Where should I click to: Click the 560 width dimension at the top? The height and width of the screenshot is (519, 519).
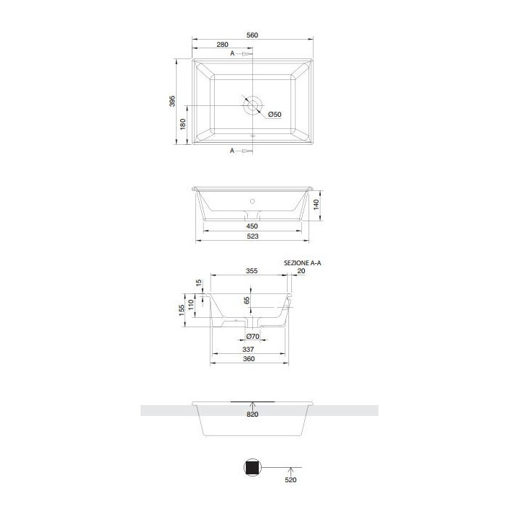[x=252, y=35]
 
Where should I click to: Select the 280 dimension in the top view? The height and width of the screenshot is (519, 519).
[x=223, y=45]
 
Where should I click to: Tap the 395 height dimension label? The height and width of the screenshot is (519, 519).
[x=172, y=101]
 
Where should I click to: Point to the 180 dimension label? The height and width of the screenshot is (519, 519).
[x=183, y=124]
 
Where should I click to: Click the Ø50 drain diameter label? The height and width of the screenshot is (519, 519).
[x=275, y=115]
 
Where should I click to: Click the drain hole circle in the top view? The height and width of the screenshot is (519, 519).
[x=253, y=105]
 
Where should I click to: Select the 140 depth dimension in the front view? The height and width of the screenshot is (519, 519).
[x=315, y=205]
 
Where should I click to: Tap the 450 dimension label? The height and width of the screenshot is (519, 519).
[x=252, y=226]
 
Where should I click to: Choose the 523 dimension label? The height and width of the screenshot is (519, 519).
[x=252, y=236]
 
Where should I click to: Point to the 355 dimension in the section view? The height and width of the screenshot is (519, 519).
[x=251, y=272]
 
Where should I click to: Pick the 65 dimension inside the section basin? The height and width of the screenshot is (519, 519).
[x=247, y=299]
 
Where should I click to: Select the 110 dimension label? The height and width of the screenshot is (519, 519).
[x=192, y=305]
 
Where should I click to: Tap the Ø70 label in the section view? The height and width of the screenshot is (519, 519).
[x=252, y=337]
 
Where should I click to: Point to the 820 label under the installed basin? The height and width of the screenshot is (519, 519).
[x=252, y=414]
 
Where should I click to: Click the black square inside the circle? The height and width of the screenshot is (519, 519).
[x=252, y=468]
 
